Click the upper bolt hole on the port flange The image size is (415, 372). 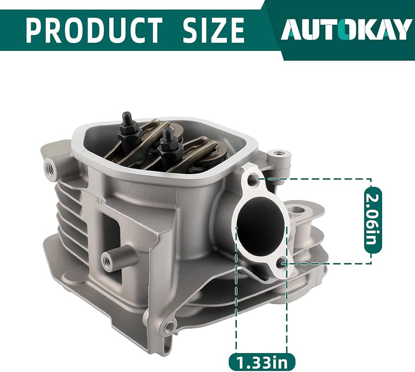(x=253, y=179)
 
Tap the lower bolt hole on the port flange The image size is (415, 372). (x=281, y=264)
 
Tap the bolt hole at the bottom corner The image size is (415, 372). (x=169, y=327)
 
